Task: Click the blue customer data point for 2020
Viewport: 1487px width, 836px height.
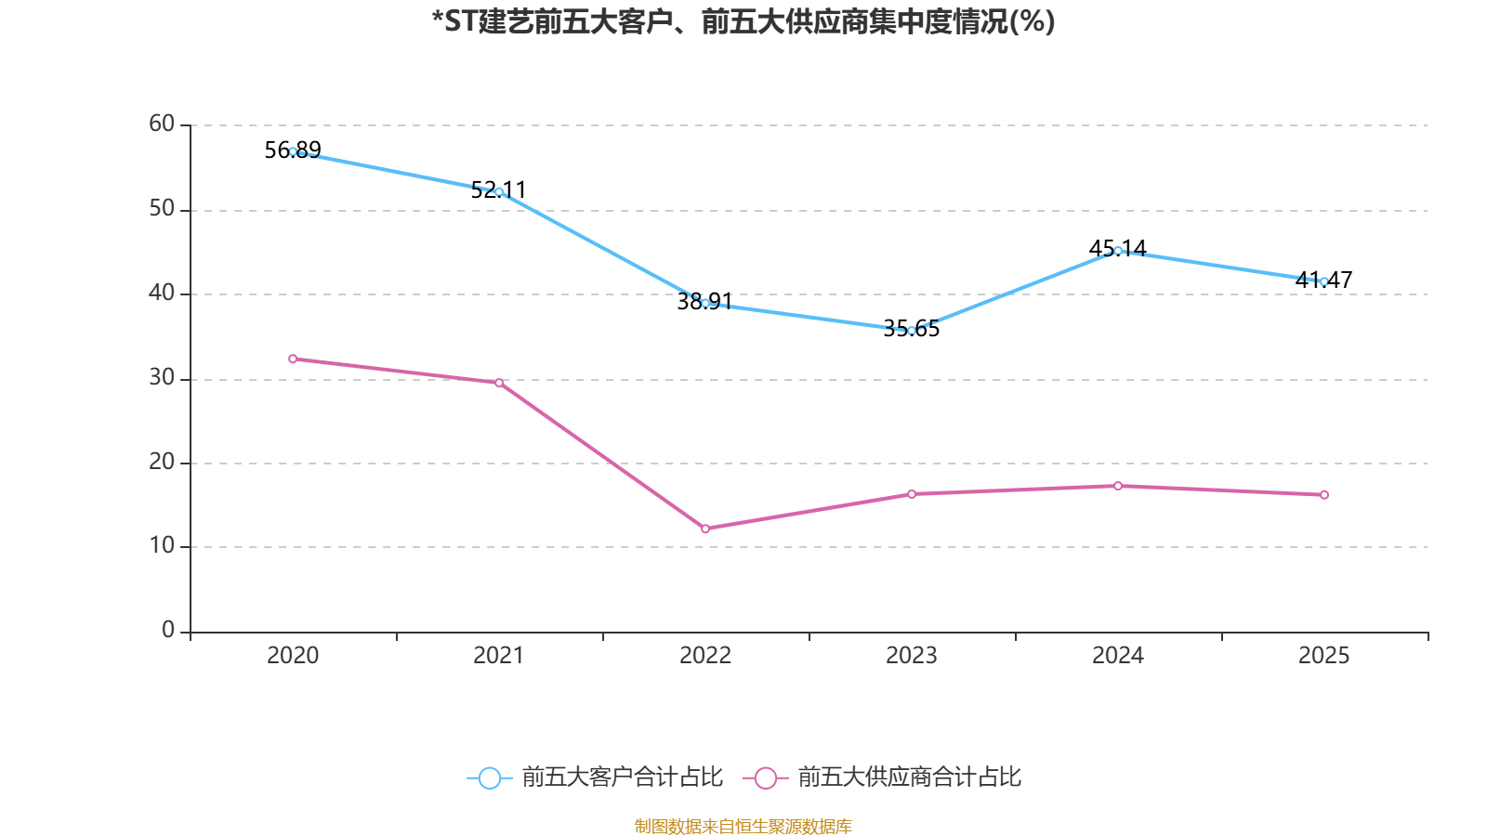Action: (293, 151)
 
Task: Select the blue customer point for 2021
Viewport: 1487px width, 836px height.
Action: (499, 191)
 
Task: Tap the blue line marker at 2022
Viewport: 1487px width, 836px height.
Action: (705, 303)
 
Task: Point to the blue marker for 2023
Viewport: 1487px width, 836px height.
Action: (912, 331)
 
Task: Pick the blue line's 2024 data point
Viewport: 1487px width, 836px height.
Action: (1118, 251)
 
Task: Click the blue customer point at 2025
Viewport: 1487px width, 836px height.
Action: (1324, 281)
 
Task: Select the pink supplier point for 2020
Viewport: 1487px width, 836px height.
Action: (293, 359)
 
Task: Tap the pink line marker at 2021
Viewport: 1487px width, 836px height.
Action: (499, 383)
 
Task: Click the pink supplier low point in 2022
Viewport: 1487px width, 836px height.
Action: (705, 529)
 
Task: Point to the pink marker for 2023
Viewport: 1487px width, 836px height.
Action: (912, 494)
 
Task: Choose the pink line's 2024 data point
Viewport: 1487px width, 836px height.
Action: (1118, 486)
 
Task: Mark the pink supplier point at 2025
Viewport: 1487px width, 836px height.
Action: (1324, 495)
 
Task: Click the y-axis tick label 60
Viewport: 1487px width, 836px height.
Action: (162, 124)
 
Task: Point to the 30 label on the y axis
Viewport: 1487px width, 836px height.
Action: (162, 377)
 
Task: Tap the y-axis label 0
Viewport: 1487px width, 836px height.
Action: (168, 630)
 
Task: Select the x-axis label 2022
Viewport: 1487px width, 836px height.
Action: (705, 656)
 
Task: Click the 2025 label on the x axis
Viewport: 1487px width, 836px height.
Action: (1324, 656)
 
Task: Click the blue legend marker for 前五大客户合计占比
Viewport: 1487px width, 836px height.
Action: (489, 778)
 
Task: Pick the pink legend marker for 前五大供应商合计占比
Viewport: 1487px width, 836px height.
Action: (766, 778)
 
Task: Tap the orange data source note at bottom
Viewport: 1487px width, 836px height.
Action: (743, 826)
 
